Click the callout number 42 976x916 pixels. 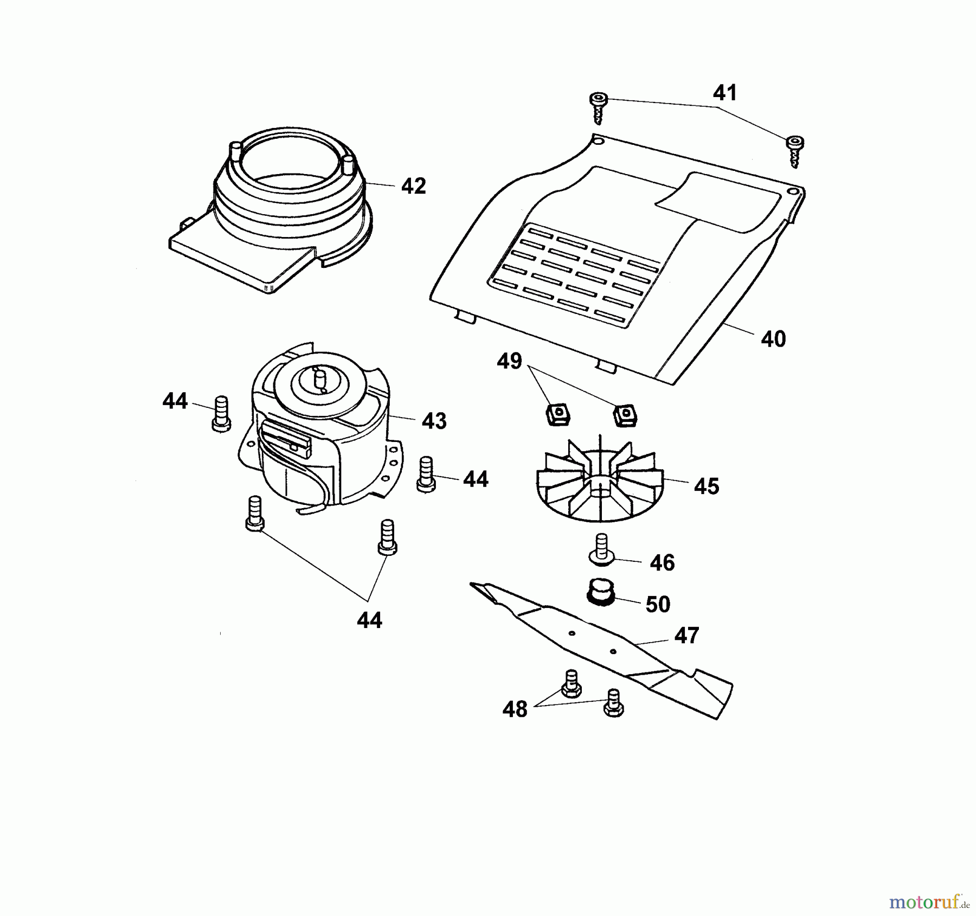tap(413, 186)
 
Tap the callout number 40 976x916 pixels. tap(773, 339)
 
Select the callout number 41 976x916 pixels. tap(725, 93)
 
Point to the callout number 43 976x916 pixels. tap(434, 421)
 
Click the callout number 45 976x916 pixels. tap(707, 486)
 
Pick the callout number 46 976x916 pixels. tap(662, 563)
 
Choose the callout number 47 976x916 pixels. tap(687, 635)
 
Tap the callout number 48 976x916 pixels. tap(515, 709)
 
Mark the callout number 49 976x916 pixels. tap(509, 361)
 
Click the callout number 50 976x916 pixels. tap(658, 604)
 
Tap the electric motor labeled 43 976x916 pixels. tap(320, 428)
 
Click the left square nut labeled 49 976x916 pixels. tap(558, 415)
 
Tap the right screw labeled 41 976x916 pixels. tap(795, 151)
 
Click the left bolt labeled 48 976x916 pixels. tap(570, 683)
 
